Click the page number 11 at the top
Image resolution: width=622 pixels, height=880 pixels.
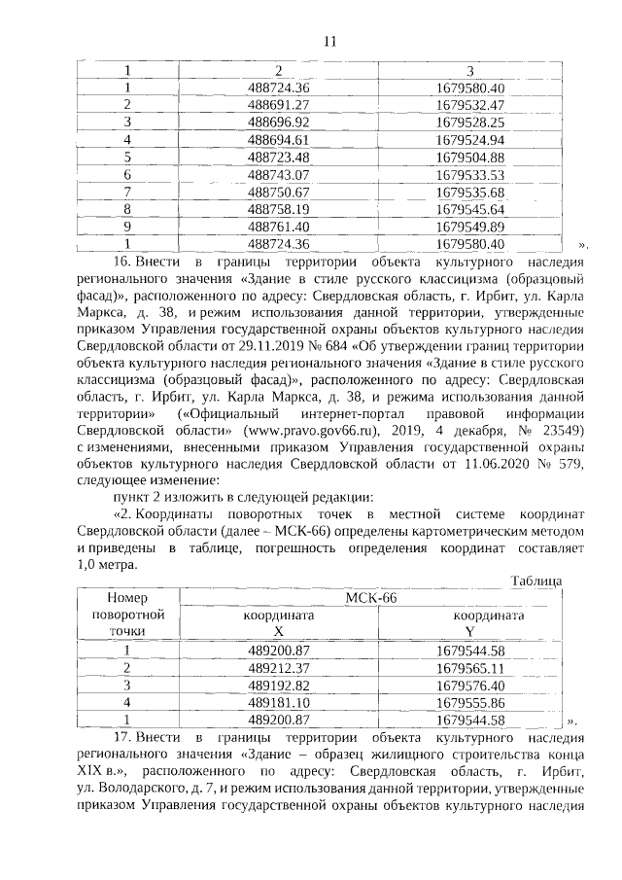[328, 41]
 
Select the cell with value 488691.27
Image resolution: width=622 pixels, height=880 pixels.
[278, 105]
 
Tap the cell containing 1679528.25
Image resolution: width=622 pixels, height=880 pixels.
[470, 123]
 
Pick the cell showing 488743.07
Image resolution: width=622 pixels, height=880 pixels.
[278, 175]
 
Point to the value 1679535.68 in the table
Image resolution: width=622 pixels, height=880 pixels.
[470, 193]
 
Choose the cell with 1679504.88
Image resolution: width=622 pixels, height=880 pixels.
[470, 158]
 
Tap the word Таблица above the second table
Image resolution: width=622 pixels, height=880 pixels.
[536, 581]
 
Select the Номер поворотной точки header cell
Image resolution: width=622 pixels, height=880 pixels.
[126, 615]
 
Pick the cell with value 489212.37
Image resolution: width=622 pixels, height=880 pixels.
[278, 668]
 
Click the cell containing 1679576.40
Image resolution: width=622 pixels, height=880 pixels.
[470, 686]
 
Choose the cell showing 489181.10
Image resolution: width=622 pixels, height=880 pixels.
[278, 702]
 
